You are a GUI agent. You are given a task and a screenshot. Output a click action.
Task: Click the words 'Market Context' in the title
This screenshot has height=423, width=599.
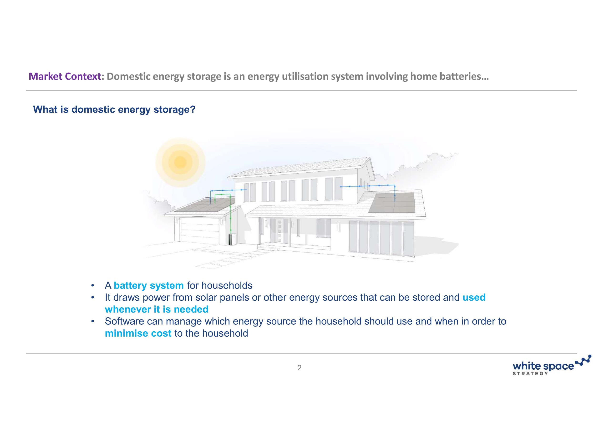[65, 76]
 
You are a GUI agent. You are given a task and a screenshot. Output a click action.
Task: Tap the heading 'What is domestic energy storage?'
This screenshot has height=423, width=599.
[114, 109]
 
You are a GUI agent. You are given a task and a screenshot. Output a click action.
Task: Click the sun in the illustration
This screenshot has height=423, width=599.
[180, 162]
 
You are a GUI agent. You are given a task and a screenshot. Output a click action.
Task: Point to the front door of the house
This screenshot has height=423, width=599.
[279, 231]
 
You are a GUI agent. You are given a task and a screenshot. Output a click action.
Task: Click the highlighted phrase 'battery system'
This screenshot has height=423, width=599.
[149, 285]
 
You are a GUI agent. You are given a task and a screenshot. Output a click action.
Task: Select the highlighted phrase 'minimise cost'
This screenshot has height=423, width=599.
[138, 333]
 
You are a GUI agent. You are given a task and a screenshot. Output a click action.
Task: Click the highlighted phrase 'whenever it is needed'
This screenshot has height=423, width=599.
[157, 309]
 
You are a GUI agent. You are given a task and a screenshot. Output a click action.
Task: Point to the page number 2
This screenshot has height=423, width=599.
[299, 368]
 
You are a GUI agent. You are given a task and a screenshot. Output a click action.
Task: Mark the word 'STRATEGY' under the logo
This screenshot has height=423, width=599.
[530, 373]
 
